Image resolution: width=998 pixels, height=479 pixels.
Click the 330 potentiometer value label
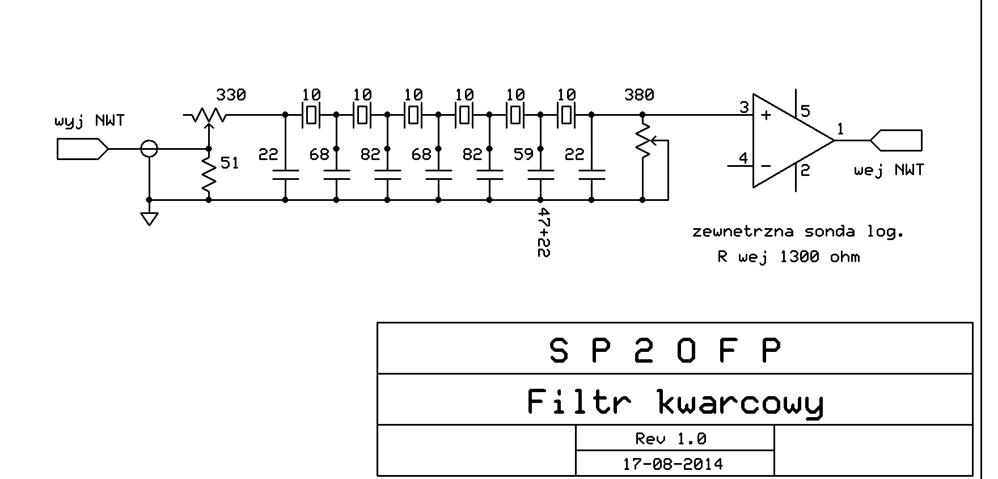tap(231, 95)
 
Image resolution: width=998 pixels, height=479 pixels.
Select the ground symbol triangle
tap(149, 219)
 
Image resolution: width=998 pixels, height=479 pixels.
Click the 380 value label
tap(638, 95)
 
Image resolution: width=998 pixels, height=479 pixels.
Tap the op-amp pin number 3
tap(744, 107)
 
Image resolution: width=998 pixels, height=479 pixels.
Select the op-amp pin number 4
tap(743, 158)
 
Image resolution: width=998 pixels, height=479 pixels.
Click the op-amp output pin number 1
tap(840, 129)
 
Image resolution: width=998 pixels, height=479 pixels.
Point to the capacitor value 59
tap(523, 154)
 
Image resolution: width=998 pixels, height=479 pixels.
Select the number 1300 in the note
tap(799, 257)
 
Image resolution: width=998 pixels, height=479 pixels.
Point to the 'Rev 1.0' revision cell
tap(670, 439)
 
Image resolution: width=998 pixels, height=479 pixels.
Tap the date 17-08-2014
tap(673, 464)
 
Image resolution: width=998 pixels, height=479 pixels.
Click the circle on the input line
tap(149, 149)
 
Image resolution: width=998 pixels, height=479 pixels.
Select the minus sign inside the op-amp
tap(766, 166)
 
